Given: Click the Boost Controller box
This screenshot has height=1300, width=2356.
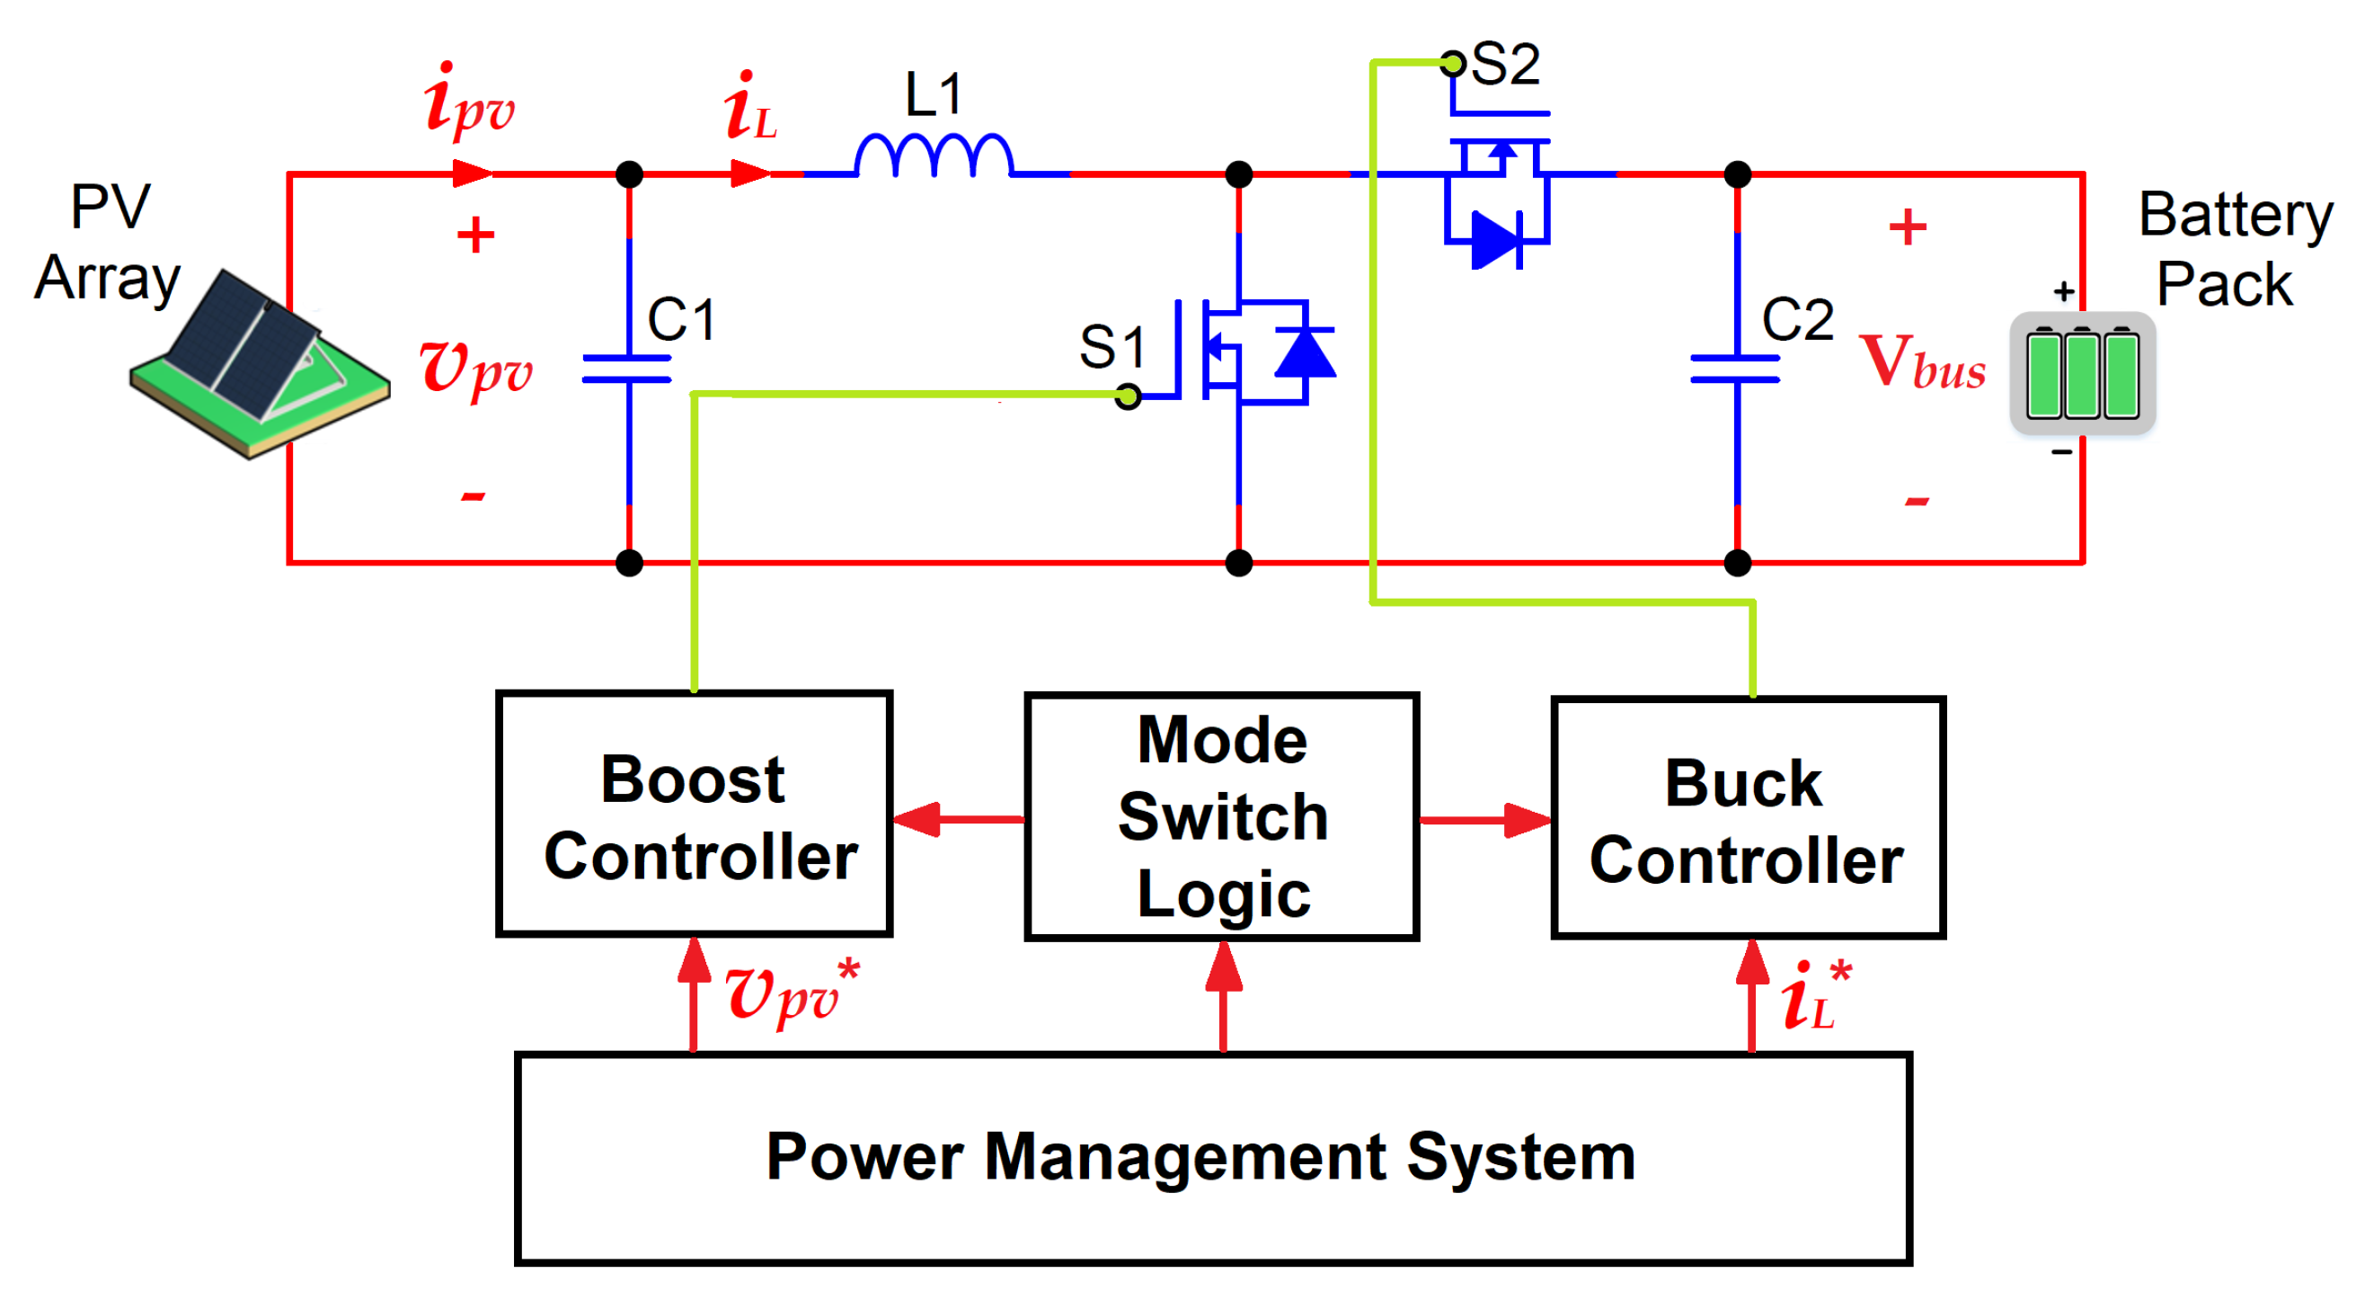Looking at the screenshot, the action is (695, 814).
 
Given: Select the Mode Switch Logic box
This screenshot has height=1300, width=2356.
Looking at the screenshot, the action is (1222, 816).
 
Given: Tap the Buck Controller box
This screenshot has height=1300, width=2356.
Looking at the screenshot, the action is (1748, 818).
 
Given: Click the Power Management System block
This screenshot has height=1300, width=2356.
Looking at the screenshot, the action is (1213, 1158).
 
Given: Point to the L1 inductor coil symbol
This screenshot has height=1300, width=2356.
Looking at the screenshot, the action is (934, 156).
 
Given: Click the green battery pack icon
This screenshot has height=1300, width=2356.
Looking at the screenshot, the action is (2082, 374).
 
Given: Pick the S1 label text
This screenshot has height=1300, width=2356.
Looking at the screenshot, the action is (1112, 347).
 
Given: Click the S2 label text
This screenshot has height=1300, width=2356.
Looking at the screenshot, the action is (1505, 64).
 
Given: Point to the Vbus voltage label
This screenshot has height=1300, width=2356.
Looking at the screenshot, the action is (1923, 362).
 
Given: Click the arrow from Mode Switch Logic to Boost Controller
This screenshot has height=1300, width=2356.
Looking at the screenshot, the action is (959, 819).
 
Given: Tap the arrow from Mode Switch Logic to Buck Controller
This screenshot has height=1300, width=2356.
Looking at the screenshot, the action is (1485, 821).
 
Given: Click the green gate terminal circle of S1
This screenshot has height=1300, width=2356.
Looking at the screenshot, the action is (1129, 396).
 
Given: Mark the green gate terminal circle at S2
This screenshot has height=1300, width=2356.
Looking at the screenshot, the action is (1452, 63).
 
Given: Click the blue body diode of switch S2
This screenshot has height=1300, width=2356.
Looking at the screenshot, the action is (1496, 241).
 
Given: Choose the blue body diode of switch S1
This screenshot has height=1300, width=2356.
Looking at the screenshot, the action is (1305, 352).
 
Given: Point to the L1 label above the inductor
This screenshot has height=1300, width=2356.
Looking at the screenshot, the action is (934, 93).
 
